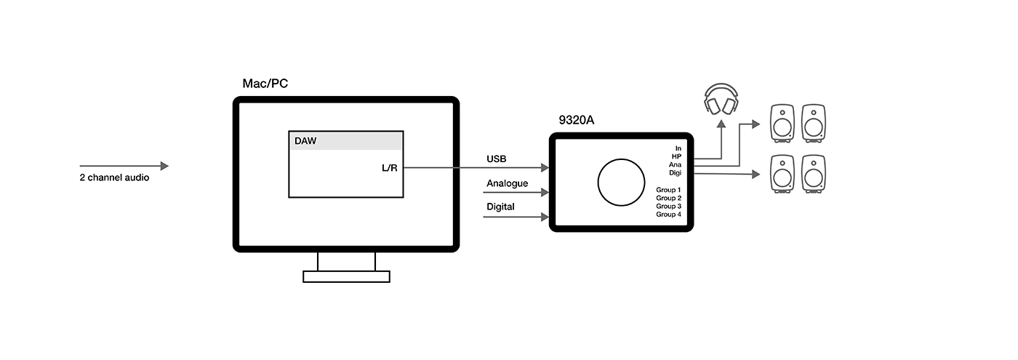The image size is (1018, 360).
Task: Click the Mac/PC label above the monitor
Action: pyautogui.click(x=265, y=84)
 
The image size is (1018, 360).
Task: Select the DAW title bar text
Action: pyautogui.click(x=305, y=140)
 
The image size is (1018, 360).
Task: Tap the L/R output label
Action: pyautogui.click(x=390, y=168)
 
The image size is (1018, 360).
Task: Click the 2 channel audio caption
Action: pyautogui.click(x=114, y=177)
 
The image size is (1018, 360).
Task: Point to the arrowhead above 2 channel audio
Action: pyautogui.click(x=164, y=166)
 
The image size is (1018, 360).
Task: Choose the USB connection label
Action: pyautogui.click(x=497, y=159)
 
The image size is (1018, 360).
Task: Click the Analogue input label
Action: pyautogui.click(x=507, y=183)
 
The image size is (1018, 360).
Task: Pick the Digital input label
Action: pyautogui.click(x=500, y=207)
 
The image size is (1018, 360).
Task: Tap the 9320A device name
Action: pyautogui.click(x=577, y=120)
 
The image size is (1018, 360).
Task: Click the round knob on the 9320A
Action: pyautogui.click(x=621, y=182)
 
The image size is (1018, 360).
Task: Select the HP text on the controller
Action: pyautogui.click(x=676, y=156)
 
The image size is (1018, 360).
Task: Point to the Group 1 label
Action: pyautogui.click(x=668, y=190)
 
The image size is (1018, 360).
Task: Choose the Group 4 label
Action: pyautogui.click(x=668, y=215)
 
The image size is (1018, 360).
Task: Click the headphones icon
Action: pyautogui.click(x=721, y=100)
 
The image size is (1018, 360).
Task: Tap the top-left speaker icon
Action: pyautogui.click(x=782, y=122)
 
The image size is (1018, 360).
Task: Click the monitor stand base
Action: pyautogui.click(x=346, y=276)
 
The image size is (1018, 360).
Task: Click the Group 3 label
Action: pyautogui.click(x=668, y=207)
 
